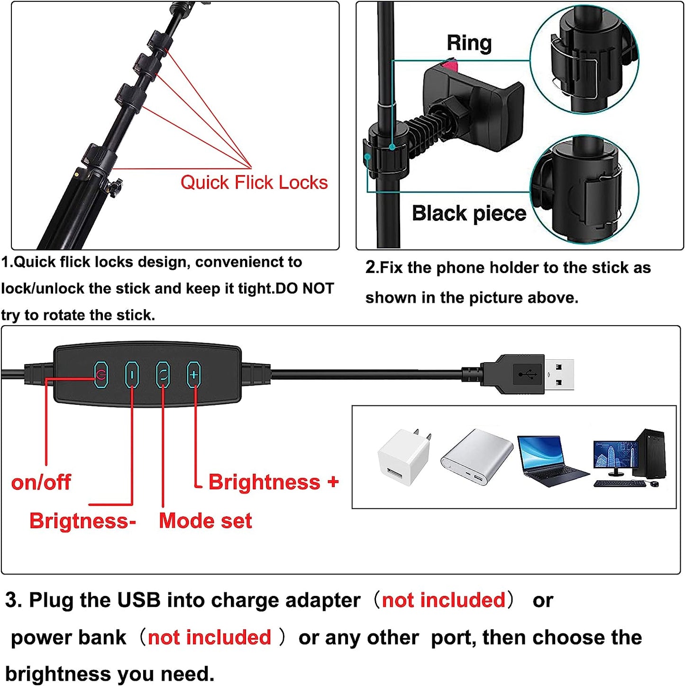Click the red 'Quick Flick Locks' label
coord(254,183)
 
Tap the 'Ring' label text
coord(469,43)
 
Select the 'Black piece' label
coord(469,213)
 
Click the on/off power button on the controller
coord(101,375)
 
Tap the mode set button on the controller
coord(163,375)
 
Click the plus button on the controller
coord(194,375)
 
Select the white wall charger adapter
coord(404,457)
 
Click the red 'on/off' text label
coord(41,483)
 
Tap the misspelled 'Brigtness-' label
coord(82,521)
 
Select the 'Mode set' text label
coord(205,521)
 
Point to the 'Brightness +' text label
coord(274,482)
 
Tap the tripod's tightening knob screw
coord(115,187)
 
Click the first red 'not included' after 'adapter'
coord(443,600)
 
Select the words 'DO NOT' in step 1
coord(305,288)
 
